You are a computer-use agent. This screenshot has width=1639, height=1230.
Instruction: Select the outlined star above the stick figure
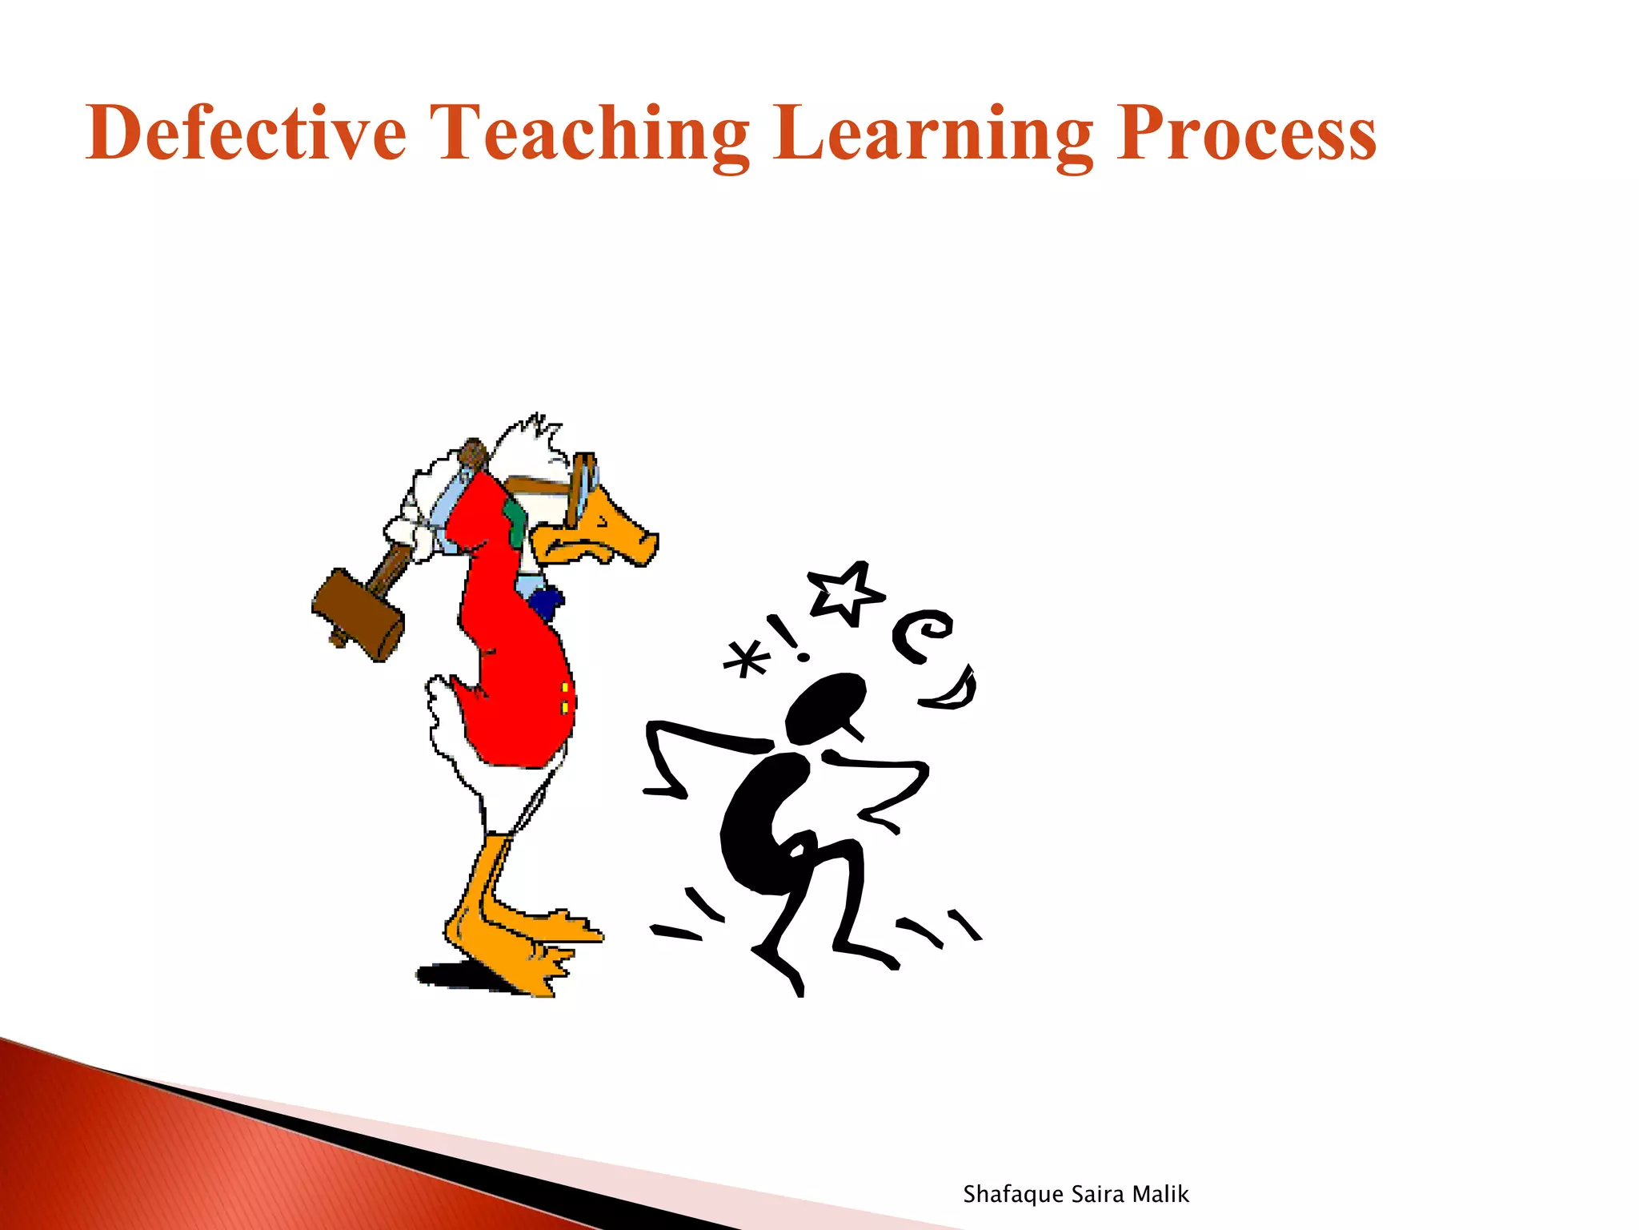click(x=846, y=592)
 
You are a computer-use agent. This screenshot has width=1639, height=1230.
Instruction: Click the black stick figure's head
click(x=824, y=707)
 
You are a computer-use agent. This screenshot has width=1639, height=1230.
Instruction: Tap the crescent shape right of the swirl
click(x=954, y=690)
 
